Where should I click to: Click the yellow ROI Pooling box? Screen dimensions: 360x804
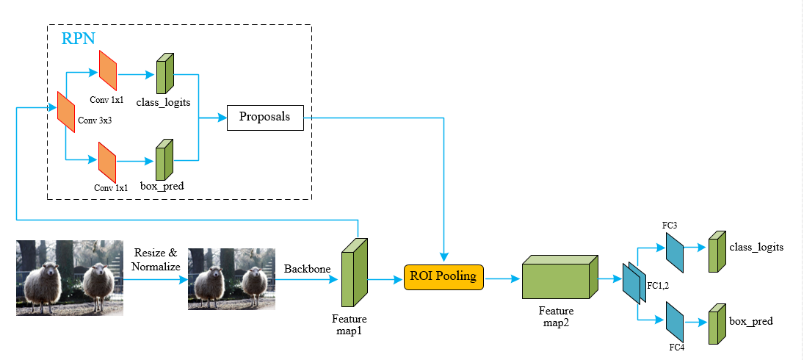443,276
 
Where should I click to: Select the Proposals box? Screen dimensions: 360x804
265,117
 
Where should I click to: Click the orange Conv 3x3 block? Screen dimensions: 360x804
66,112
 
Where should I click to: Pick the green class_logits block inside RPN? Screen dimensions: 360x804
164,73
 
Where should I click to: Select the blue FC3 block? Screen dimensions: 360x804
674,251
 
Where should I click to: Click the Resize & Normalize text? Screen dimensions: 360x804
156,259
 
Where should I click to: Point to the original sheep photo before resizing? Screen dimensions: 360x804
69,278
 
